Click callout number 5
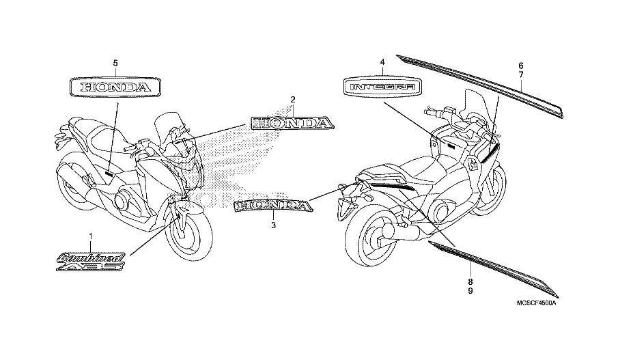[115, 63]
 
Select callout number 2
[292, 100]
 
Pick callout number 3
[272, 225]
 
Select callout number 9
[470, 291]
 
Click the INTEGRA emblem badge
[382, 87]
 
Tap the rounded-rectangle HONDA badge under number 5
[115, 87]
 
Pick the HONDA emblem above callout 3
[272, 205]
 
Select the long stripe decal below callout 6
[478, 81]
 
